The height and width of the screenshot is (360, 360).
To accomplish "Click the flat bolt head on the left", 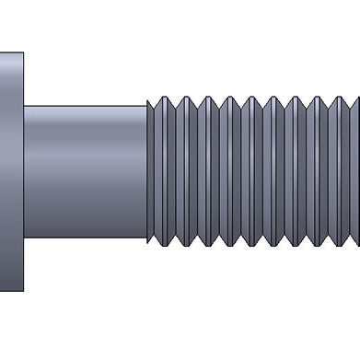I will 11,171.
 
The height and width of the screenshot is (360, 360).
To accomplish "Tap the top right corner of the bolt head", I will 23,53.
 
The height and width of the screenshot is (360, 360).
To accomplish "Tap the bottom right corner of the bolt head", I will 23,290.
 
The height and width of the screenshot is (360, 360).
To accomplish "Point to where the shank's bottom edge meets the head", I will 24,238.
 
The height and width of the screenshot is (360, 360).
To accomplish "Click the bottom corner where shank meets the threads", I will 147,238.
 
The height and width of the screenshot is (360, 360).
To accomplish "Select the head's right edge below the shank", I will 24,264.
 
